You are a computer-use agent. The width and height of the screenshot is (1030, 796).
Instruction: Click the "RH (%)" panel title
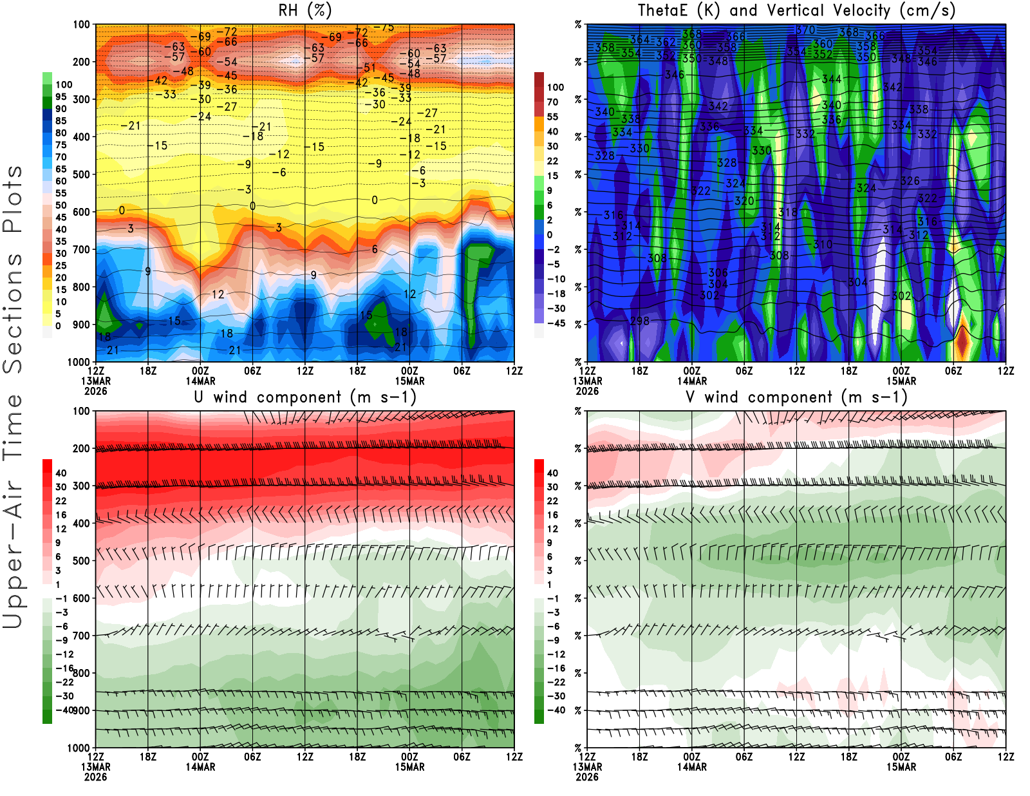click(x=304, y=10)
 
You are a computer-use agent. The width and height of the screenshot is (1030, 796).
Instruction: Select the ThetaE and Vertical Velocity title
click(x=796, y=10)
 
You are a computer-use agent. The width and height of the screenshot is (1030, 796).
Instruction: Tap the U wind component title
click(x=305, y=397)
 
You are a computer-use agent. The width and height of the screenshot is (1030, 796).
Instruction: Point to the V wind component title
click(x=796, y=397)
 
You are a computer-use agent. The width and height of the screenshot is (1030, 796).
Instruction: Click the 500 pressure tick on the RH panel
click(x=81, y=175)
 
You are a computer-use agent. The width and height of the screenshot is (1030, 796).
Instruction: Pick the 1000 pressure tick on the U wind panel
click(x=79, y=748)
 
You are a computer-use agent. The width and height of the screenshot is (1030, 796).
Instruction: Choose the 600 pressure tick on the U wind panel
click(x=81, y=598)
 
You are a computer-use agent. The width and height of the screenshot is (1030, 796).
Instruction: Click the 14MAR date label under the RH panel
click(x=200, y=381)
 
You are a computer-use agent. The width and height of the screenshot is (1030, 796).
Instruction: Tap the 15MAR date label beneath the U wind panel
click(x=409, y=767)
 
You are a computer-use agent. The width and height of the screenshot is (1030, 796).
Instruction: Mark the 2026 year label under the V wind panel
click(x=587, y=777)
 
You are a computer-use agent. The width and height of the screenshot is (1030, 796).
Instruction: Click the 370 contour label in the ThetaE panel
click(x=805, y=30)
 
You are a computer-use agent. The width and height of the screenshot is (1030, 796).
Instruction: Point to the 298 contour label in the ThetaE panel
click(x=640, y=321)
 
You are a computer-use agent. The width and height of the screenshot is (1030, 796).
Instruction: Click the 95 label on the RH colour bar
click(x=61, y=97)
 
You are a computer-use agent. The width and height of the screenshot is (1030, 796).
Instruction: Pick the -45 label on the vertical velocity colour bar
click(x=556, y=323)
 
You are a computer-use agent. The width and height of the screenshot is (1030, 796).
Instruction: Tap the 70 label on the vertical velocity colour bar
click(x=552, y=102)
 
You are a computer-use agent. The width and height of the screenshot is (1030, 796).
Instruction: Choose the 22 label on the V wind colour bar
click(x=552, y=501)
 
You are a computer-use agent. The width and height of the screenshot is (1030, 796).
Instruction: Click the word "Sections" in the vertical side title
click(x=13, y=312)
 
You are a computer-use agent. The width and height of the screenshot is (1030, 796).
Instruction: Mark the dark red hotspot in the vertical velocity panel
click(x=962, y=341)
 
